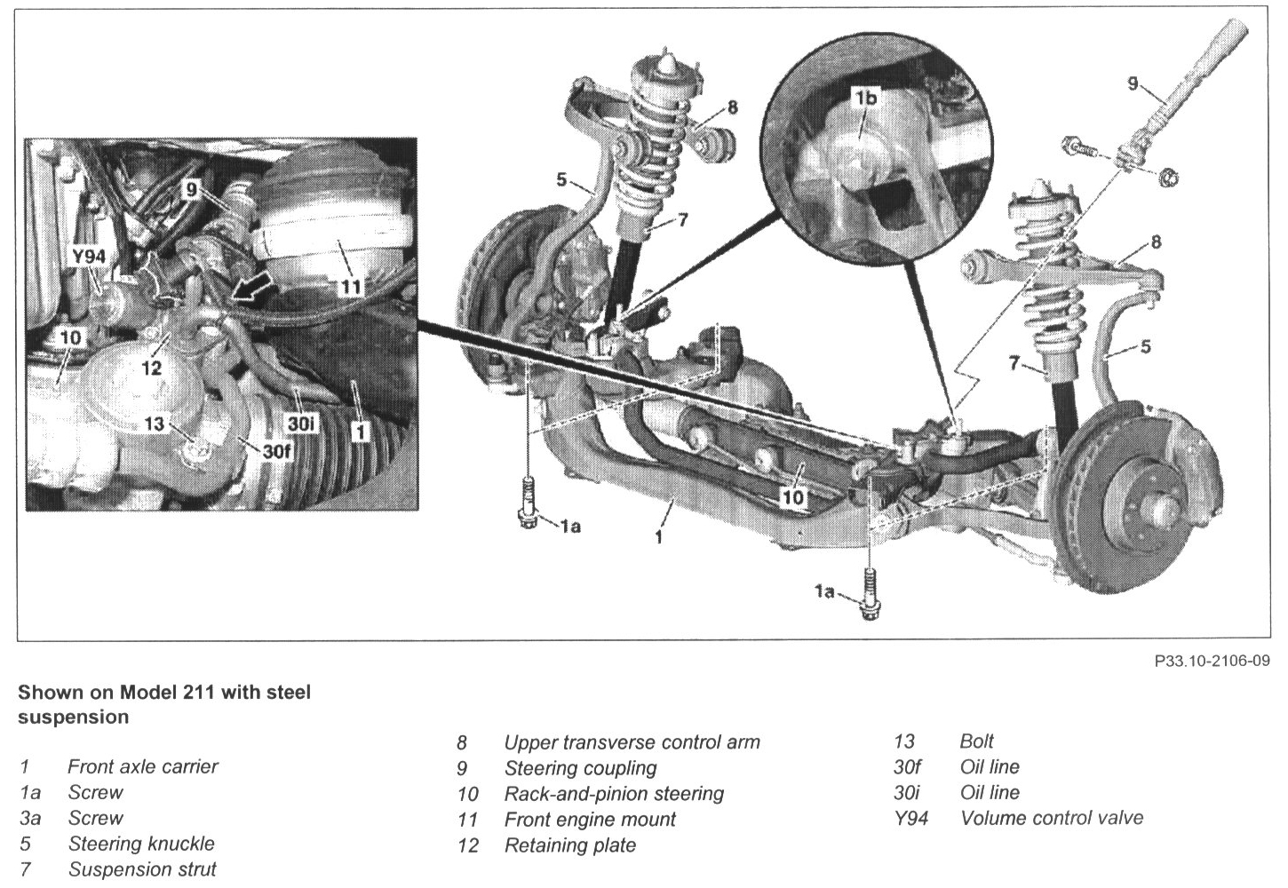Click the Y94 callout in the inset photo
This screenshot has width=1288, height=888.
click(x=89, y=257)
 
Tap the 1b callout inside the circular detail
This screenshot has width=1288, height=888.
click(x=866, y=98)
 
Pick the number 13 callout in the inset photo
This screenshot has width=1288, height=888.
click(x=155, y=424)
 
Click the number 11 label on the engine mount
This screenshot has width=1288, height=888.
click(x=352, y=287)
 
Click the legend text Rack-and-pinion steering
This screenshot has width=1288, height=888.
click(x=614, y=793)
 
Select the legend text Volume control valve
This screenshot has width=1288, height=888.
click(x=1052, y=818)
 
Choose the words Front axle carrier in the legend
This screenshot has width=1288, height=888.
click(x=142, y=766)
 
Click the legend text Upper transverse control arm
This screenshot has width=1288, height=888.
click(x=632, y=741)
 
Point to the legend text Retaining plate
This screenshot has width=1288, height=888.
click(x=570, y=844)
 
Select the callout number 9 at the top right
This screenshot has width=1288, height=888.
click(x=1132, y=83)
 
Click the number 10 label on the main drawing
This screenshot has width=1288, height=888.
click(x=792, y=497)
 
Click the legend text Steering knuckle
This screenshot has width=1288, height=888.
click(x=141, y=843)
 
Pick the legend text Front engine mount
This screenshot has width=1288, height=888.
click(x=590, y=819)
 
